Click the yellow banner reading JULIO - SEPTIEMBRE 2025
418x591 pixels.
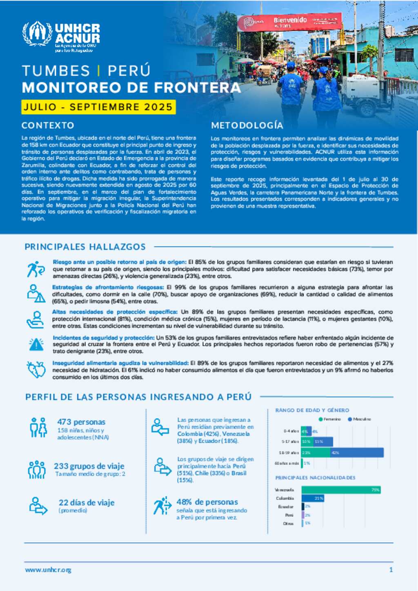[98, 107]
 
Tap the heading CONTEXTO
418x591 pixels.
[48, 125]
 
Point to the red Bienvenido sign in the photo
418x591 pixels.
[289, 22]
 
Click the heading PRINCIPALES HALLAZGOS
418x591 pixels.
[85, 247]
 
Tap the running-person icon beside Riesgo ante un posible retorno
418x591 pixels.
[36, 269]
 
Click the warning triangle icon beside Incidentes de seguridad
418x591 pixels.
[36, 344]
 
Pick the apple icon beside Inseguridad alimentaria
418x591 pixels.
[36, 370]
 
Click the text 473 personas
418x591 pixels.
[81, 422]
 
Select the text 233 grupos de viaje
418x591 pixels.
[89, 466]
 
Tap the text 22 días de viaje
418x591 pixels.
[87, 503]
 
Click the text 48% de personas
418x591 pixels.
[207, 502]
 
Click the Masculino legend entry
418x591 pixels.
[360, 419]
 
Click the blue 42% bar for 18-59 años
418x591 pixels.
[357, 453]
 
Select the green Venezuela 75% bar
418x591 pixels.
[341, 490]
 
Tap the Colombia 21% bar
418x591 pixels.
[313, 498]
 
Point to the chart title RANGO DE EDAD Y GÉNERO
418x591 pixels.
[312, 410]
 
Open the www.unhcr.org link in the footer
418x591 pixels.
[48, 570]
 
